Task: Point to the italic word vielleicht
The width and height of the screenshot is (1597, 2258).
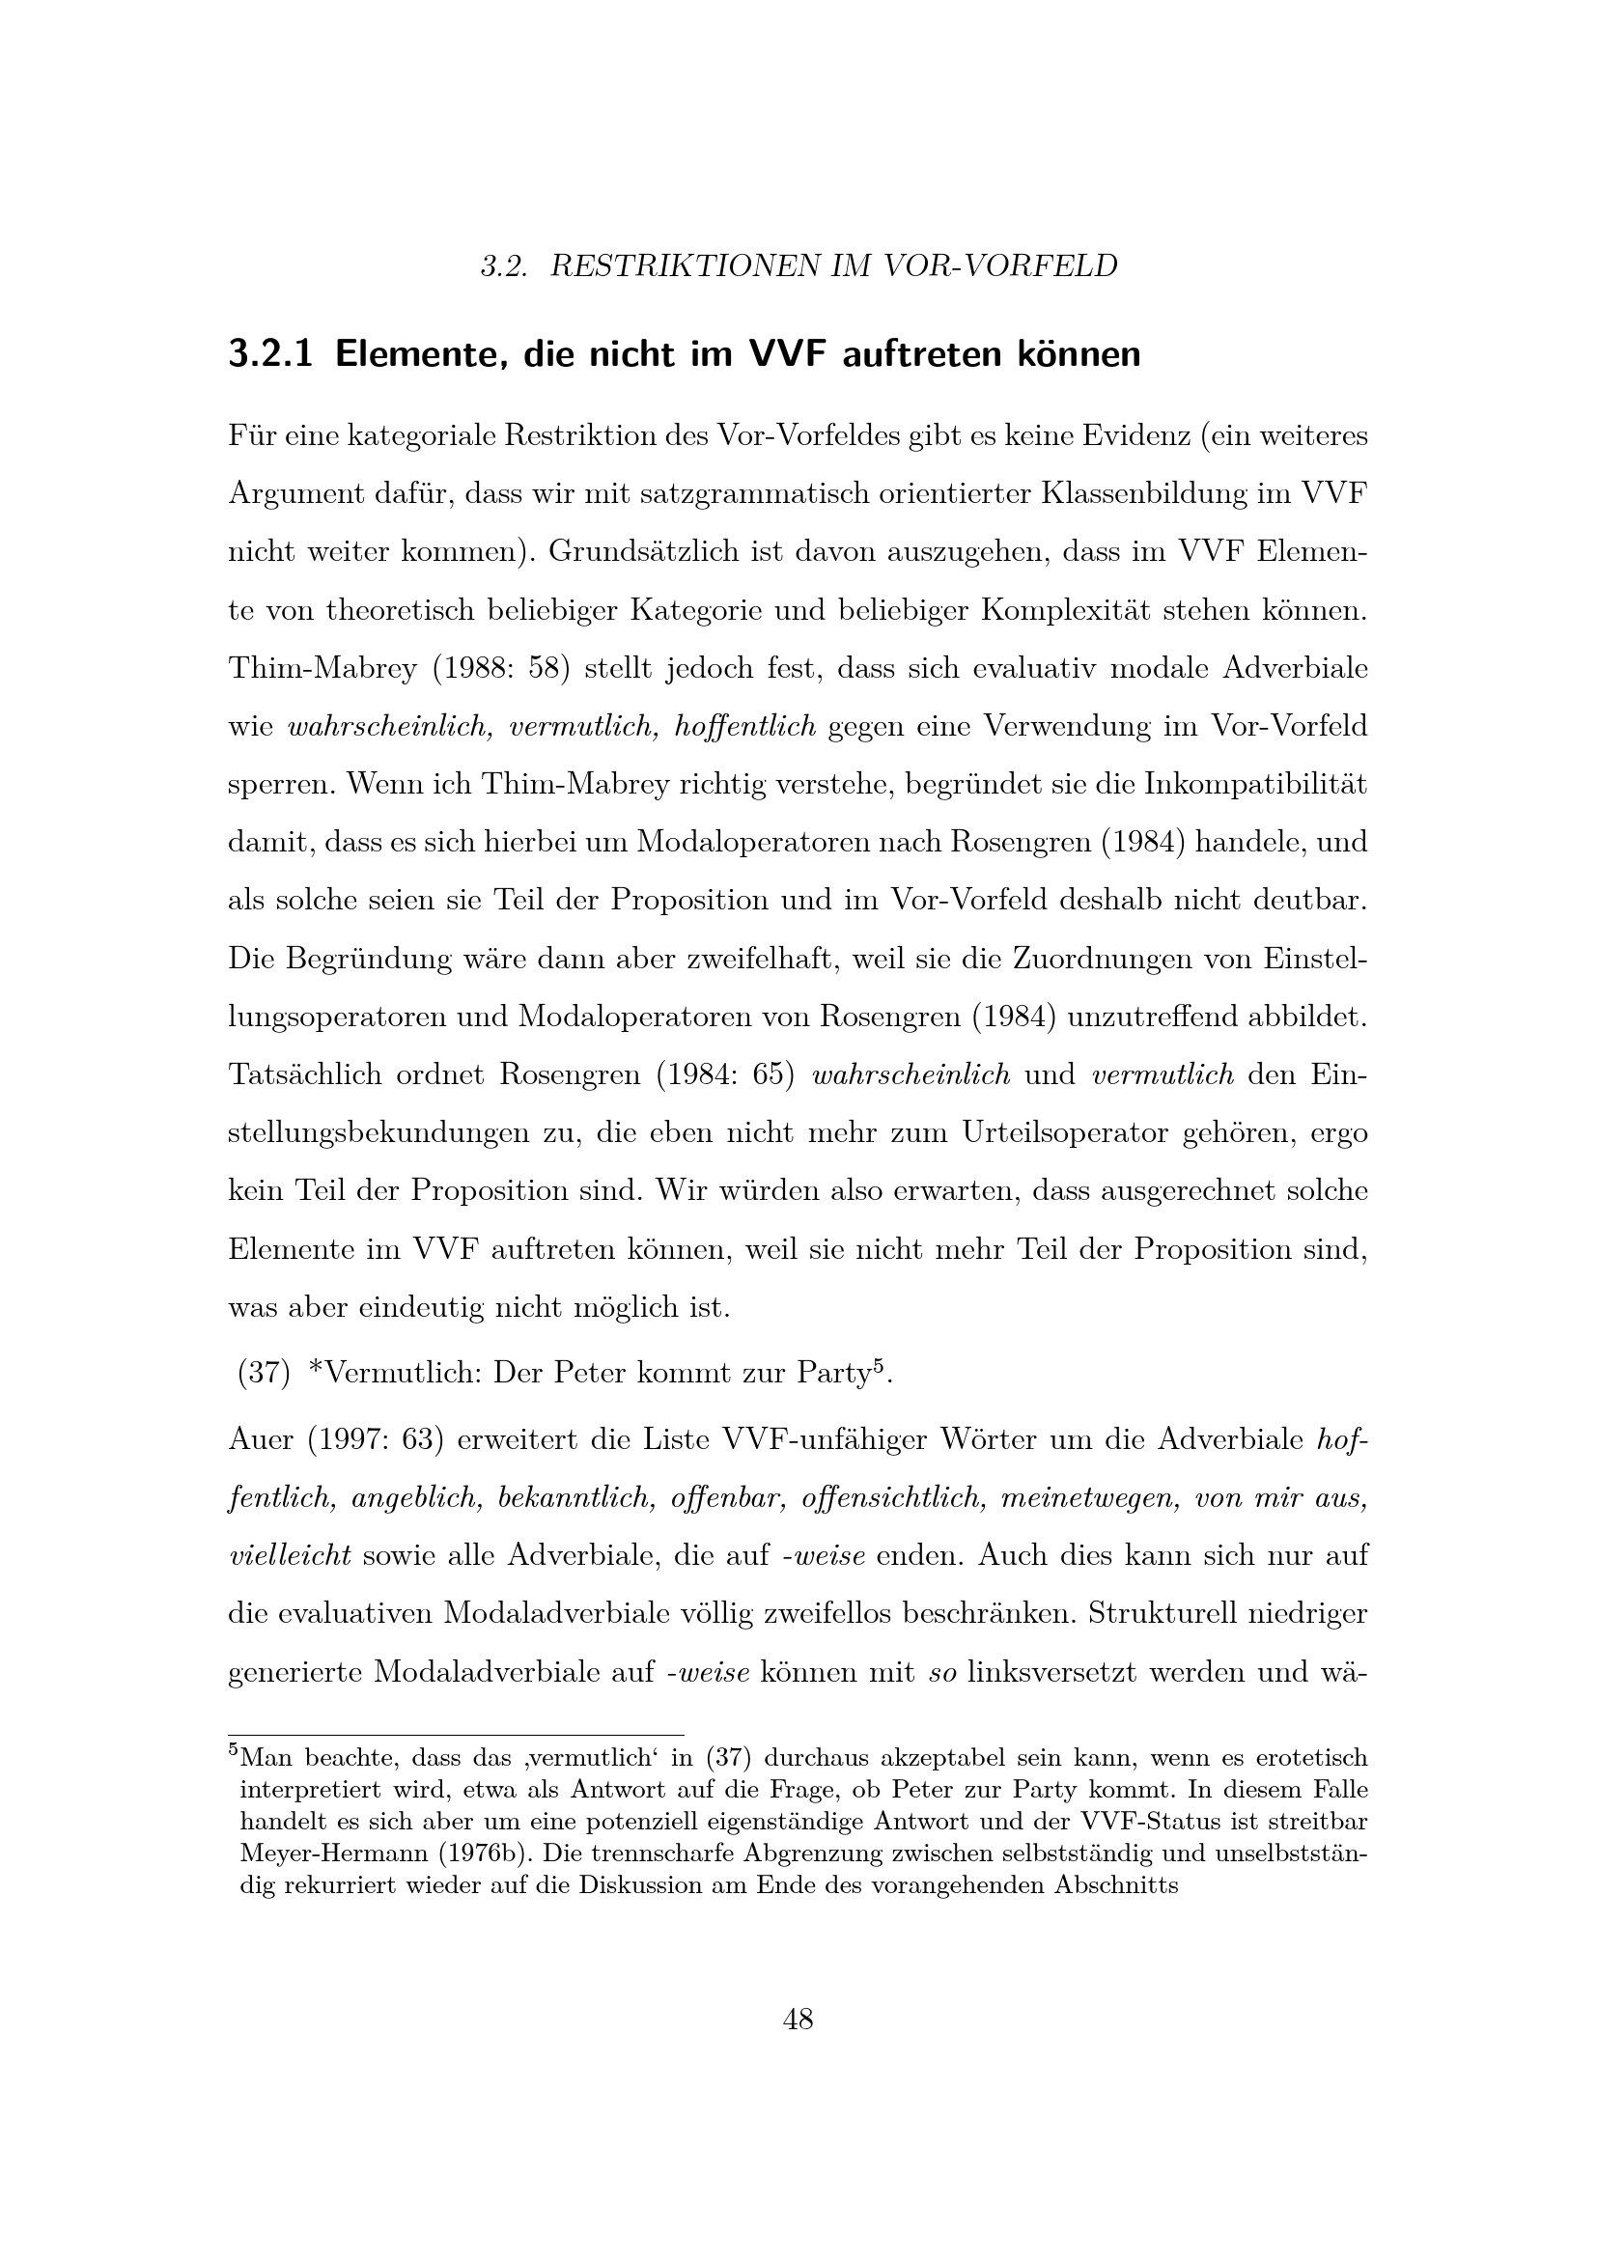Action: coord(289,1556)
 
